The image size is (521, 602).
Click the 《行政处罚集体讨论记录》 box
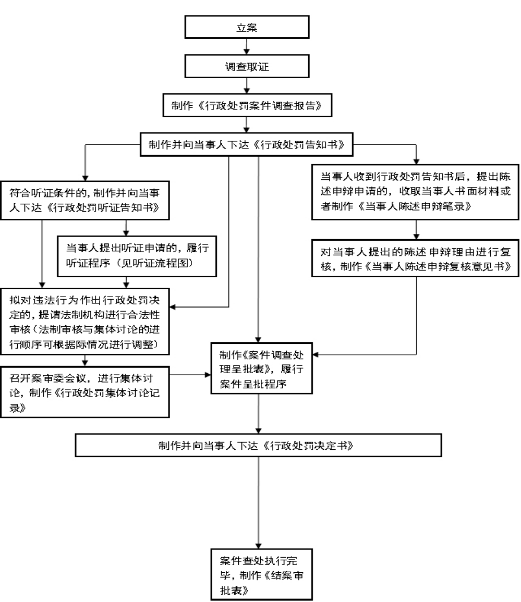(86, 393)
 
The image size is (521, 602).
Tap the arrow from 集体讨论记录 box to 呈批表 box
(190, 374)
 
